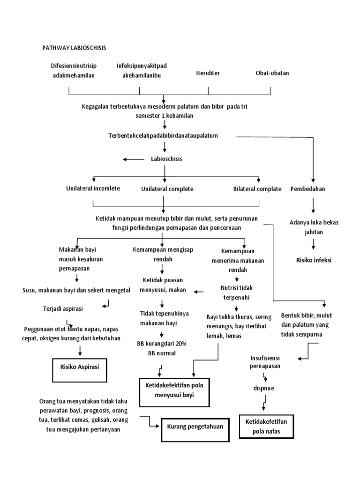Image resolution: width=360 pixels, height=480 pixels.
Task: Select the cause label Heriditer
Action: (208, 73)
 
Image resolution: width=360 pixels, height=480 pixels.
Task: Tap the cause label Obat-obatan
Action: (272, 73)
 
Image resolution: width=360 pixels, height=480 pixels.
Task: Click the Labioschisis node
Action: (166, 159)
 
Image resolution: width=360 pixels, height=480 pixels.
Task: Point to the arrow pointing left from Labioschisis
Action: (134, 159)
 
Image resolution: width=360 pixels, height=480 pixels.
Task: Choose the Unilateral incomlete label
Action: (93, 188)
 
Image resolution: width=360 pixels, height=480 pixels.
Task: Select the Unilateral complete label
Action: (167, 189)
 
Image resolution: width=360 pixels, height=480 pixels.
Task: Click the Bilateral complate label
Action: (257, 189)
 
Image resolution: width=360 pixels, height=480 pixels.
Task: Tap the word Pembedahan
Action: (308, 189)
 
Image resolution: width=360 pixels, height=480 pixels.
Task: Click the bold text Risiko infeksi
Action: (314, 260)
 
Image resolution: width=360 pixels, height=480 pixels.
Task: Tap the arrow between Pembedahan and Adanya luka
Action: (313, 205)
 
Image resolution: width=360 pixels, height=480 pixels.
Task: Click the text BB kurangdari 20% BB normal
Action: (162, 348)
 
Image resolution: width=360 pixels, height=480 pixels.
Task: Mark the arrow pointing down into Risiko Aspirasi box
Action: (80, 350)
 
